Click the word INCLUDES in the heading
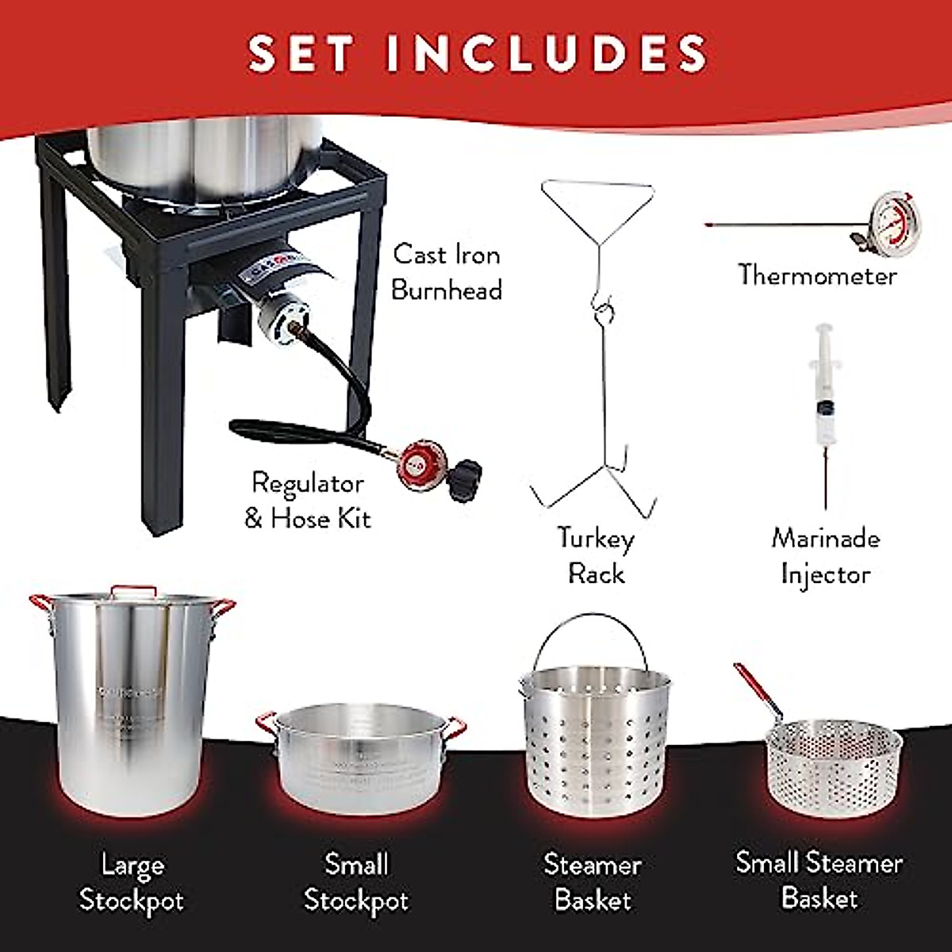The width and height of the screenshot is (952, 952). (547, 53)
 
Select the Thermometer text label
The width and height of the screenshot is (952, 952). (817, 275)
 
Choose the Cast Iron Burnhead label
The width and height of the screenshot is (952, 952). (447, 272)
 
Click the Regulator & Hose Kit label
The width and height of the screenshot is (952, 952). (307, 501)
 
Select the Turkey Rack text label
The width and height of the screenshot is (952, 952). (596, 555)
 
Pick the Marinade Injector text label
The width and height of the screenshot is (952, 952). (825, 555)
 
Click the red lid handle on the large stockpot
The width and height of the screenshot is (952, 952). (132, 590)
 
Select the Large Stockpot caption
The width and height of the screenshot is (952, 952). (132, 882)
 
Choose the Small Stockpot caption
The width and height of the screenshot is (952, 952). (356, 882)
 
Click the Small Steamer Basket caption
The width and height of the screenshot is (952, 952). (819, 881)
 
